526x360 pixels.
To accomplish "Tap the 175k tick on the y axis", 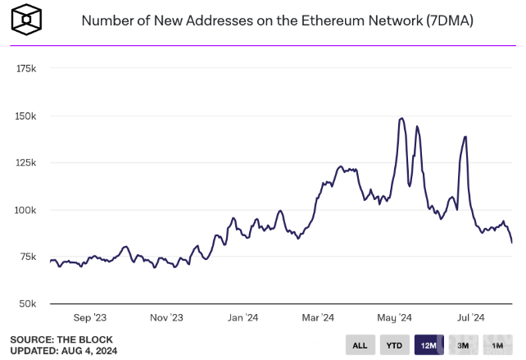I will (x=26, y=69).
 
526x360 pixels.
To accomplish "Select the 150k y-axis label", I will (x=26, y=116).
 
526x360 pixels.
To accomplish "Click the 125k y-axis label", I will (x=26, y=163).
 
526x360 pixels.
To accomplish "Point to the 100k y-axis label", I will (x=26, y=210).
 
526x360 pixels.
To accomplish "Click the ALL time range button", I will (x=360, y=345).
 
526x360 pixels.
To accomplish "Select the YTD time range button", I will (x=394, y=345).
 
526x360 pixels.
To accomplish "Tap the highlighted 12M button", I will (x=429, y=345).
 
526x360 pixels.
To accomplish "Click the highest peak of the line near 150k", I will (x=401, y=119).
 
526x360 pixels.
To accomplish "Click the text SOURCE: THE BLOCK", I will (x=61, y=339).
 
